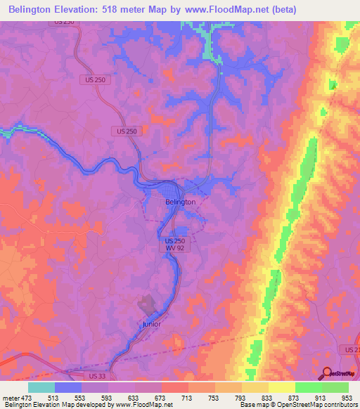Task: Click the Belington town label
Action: pos(180,202)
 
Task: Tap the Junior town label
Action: pos(151,324)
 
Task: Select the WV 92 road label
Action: pos(171,249)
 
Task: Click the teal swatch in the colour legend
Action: pos(41,387)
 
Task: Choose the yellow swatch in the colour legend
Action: pos(281,387)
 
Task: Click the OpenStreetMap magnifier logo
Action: pos(327,373)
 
